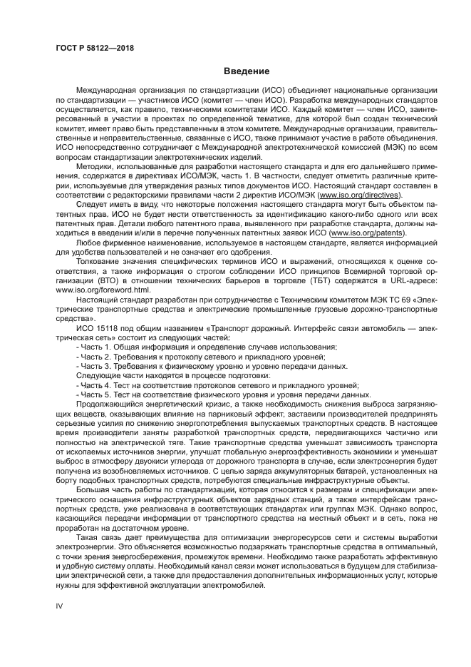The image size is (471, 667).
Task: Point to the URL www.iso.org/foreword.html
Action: coord(103,290)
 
